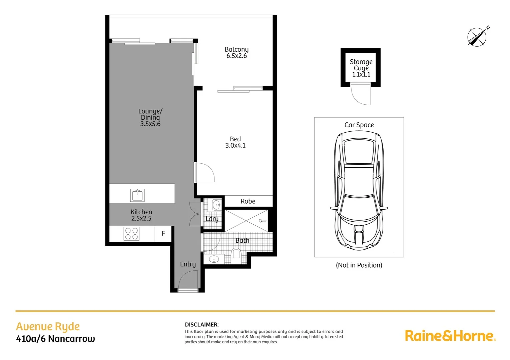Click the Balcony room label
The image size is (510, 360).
[236, 50]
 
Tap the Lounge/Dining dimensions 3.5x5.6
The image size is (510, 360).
[150, 124]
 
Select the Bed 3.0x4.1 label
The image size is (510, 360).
[235, 142]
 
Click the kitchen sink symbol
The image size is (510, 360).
[137, 195]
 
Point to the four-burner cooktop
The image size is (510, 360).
[131, 234]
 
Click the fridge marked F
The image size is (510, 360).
[163, 234]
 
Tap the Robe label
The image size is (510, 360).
[248, 201]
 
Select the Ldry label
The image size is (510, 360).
[212, 219]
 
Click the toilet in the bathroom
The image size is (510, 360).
[236, 254]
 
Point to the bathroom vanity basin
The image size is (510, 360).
[214, 259]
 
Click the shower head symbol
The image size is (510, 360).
[262, 221]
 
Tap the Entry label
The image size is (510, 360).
[188, 264]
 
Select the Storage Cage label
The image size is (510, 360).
[361, 65]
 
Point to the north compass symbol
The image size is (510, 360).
[477, 37]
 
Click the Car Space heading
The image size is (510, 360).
[359, 125]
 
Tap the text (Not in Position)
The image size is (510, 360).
[359, 265]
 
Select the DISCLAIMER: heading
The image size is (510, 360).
[202, 325]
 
